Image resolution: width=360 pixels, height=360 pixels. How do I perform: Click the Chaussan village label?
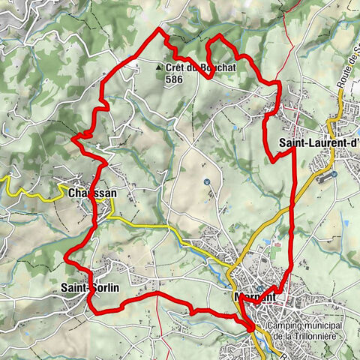[91, 193]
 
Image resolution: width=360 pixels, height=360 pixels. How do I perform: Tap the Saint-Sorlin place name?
[89, 286]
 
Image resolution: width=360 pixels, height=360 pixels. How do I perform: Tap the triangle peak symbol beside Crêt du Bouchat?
[158, 67]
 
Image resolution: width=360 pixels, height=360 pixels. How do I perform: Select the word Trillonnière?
[319, 337]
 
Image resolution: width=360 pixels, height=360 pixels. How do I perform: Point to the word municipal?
[325, 327]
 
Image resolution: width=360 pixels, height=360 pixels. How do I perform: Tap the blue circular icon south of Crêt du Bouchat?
[207, 181]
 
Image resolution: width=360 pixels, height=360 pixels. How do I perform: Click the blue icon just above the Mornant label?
[259, 287]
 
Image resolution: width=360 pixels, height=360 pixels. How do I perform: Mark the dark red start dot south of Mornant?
[250, 326]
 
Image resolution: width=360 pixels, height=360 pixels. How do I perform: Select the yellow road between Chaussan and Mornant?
[150, 224]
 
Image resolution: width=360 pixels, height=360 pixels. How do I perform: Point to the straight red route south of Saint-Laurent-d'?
[292, 210]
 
